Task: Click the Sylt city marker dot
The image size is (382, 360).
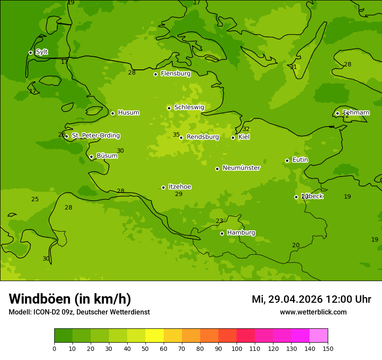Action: point(30,52)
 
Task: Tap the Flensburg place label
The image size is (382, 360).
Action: point(175,74)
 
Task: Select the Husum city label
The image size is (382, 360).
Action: point(128,113)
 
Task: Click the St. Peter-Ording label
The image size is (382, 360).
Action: point(95,136)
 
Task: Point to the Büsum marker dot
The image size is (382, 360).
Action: point(91,157)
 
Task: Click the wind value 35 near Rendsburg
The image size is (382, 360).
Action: point(176,135)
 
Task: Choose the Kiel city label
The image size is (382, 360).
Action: point(244,137)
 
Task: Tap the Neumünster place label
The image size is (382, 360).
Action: point(241,168)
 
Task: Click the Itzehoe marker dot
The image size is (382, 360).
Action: point(163,187)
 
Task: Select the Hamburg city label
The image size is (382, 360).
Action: point(241,233)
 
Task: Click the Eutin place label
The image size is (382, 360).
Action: point(300,160)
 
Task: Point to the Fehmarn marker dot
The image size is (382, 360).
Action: point(337,113)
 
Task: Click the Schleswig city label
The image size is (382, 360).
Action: point(189,107)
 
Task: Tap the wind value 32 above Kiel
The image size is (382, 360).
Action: point(246,129)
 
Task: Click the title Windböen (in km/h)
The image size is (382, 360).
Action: point(70,299)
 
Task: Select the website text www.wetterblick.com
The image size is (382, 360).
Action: point(313,312)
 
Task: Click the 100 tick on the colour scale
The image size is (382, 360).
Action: point(237,348)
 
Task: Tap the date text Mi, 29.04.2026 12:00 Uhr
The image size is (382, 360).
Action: point(311,299)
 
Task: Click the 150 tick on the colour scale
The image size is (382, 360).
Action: point(328,348)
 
